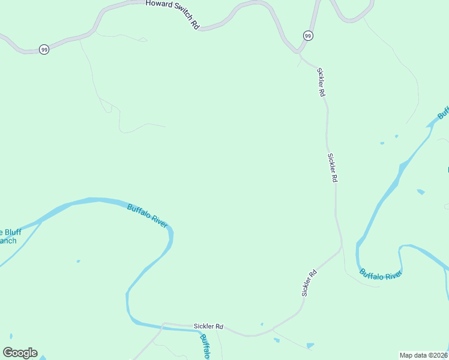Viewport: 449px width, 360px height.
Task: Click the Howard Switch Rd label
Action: click(172, 14)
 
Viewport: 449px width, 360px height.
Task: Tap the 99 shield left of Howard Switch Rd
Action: click(44, 50)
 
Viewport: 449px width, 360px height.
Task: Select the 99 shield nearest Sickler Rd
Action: click(308, 35)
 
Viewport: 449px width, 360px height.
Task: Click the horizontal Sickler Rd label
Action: click(208, 326)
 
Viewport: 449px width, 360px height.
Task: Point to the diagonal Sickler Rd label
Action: click(309, 283)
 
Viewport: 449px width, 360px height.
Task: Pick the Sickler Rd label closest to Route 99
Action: click(321, 82)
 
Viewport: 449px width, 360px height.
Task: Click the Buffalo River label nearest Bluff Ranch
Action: click(147, 214)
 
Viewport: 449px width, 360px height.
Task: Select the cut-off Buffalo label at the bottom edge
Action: click(204, 347)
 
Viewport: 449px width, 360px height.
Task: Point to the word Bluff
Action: click(11, 232)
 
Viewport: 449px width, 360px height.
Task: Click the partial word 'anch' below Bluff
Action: click(8, 241)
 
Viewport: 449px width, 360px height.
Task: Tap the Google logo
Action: click(20, 353)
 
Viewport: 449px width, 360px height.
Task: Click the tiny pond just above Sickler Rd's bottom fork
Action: click(262, 325)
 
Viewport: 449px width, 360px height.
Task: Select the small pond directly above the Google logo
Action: click(10, 335)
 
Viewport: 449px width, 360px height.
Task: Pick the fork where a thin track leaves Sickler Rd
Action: click(273, 329)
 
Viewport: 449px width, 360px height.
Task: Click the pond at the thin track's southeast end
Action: click(310, 346)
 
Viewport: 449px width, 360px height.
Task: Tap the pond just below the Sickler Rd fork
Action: click(276, 340)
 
